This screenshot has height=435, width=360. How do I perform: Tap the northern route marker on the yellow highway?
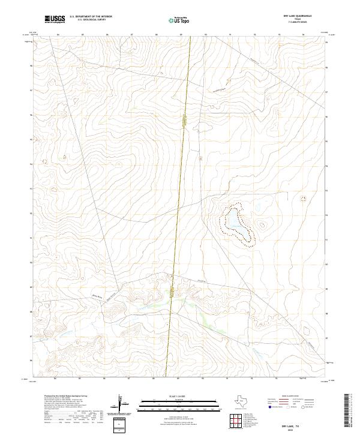click(185, 121)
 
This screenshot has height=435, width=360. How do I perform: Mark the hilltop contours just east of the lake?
click(262, 226)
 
